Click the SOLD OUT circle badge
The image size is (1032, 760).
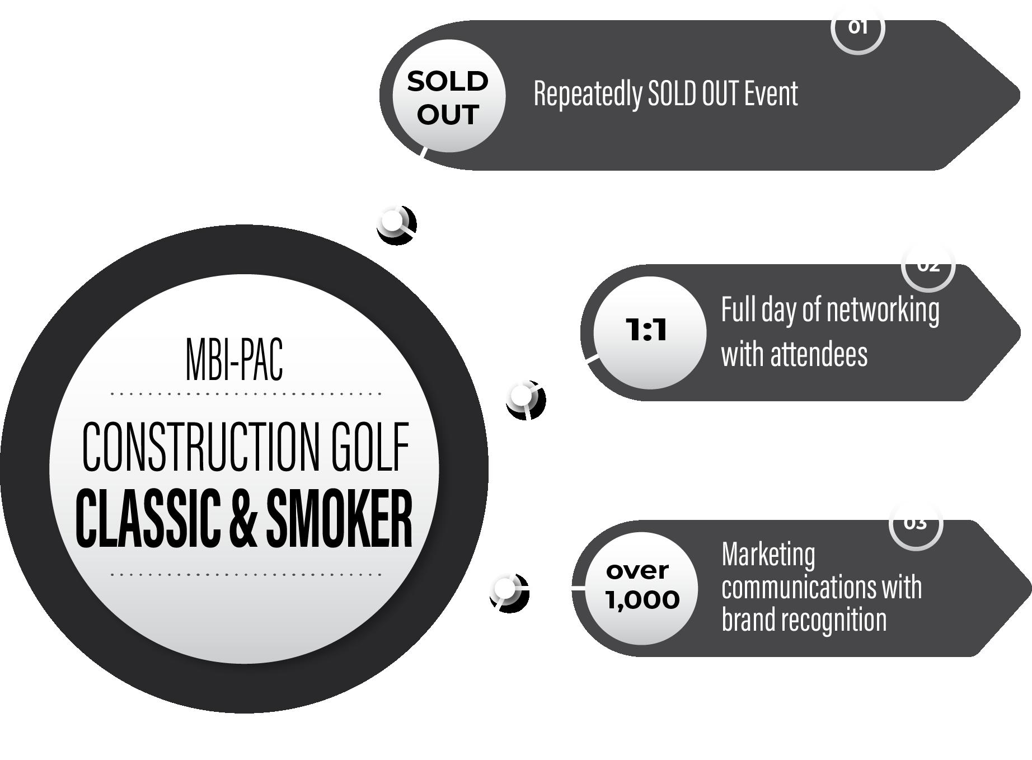[x=448, y=96]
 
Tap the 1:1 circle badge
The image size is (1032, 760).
[x=648, y=332]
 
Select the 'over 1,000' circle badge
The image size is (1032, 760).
[x=642, y=587]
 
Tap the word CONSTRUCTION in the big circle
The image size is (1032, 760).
[x=199, y=447]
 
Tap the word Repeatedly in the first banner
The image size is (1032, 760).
[x=587, y=93]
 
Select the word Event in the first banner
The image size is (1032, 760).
[x=771, y=93]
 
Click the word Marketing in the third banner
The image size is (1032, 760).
[x=768, y=555]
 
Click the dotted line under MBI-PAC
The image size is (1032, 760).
[x=246, y=394]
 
